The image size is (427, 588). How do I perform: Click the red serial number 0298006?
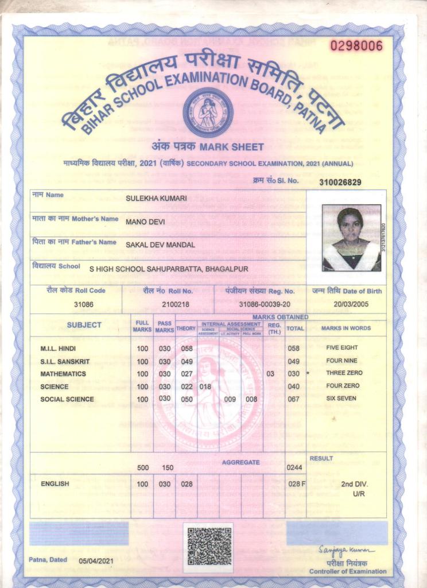tap(356, 45)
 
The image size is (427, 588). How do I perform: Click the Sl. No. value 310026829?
tap(348, 182)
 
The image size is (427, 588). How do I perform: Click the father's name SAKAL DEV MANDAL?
tap(160, 245)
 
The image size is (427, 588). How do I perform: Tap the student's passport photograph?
tap(351, 238)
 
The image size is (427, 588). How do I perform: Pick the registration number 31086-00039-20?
tap(265, 304)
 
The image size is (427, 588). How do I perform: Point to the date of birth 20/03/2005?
tap(350, 304)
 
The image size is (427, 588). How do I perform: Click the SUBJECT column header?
tap(84, 325)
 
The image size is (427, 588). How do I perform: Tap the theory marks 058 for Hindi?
tap(187, 349)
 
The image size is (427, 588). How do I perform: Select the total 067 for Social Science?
tap(294, 399)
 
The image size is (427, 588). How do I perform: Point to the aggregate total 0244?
tap(294, 467)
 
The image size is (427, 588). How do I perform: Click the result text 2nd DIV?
tap(354, 484)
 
